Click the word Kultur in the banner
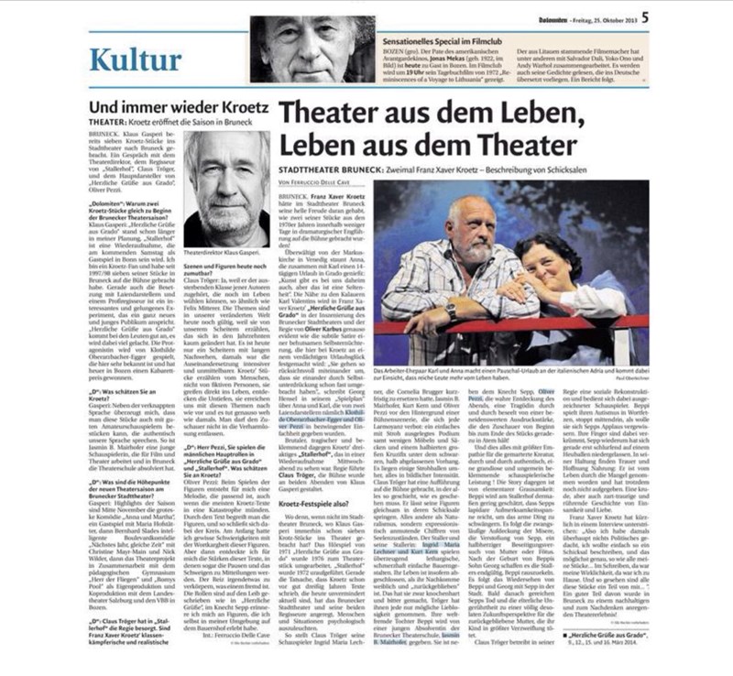[136, 60]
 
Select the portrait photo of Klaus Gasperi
[226, 188]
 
